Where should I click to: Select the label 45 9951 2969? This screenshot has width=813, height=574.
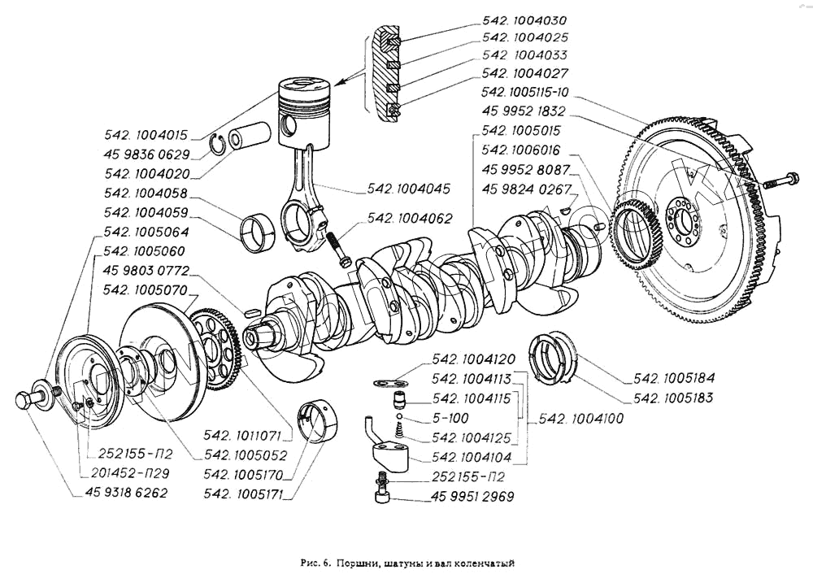point(472,496)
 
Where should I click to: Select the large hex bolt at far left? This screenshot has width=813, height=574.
point(27,402)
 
